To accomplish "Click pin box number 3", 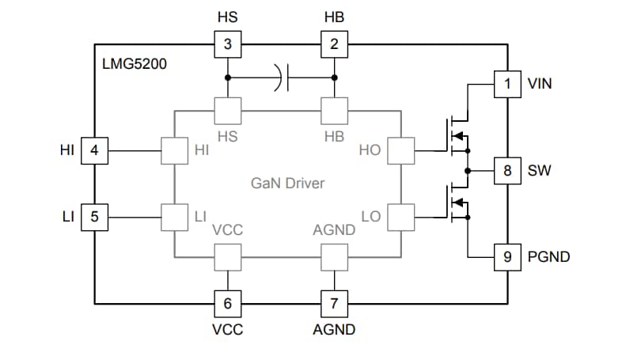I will [x=228, y=44].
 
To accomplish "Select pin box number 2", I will [x=334, y=44].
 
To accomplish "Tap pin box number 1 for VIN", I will [x=507, y=83].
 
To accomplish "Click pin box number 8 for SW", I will [x=507, y=170].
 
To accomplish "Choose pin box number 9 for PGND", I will [x=507, y=256].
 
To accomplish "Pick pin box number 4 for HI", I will [x=94, y=150].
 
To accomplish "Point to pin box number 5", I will [x=94, y=216].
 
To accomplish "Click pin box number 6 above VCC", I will [x=228, y=303].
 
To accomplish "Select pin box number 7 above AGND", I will [x=334, y=303].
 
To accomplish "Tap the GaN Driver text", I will [x=288, y=184].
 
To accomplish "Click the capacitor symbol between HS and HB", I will [x=283, y=78].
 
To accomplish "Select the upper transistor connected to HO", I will [x=454, y=135].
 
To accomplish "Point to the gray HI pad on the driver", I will [x=173, y=150].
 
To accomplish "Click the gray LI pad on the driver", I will [x=173, y=216].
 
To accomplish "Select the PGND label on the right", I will [x=548, y=257].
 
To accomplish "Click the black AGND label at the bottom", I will [x=334, y=330].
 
